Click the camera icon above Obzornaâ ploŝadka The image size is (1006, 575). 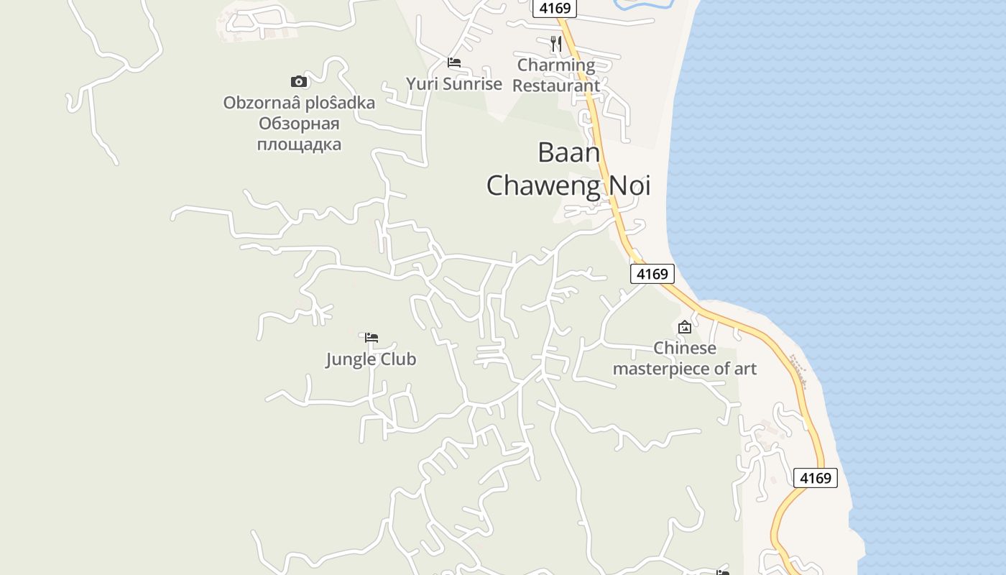[x=299, y=81]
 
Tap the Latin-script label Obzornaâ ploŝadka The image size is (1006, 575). [x=299, y=103]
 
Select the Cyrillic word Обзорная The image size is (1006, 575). [x=299, y=124]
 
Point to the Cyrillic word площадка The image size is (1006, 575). [x=299, y=144]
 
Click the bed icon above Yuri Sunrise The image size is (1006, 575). [x=454, y=63]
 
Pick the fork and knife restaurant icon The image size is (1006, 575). [x=556, y=43]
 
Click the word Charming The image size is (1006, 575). [x=556, y=65]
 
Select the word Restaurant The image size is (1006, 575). [x=556, y=86]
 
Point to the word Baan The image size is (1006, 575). [x=568, y=152]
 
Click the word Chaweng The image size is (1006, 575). [x=544, y=185]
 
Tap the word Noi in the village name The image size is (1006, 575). [x=630, y=185]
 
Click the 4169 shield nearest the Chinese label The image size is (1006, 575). [x=653, y=274]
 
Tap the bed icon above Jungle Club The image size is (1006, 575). [x=372, y=337]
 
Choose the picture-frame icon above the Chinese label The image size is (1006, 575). [x=685, y=327]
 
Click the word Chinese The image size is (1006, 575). [x=685, y=349]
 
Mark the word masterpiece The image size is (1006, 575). [x=658, y=369]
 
